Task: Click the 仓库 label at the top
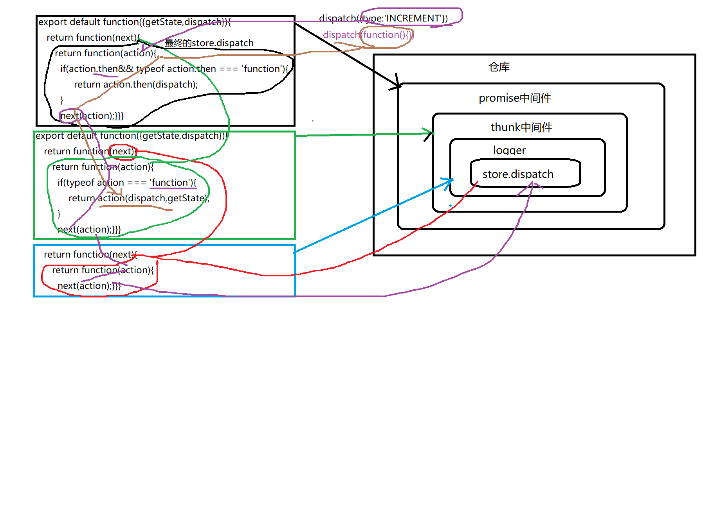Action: [x=499, y=67]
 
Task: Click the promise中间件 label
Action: [x=514, y=98]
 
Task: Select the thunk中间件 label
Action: [x=521, y=127]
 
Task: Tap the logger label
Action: [x=509, y=150]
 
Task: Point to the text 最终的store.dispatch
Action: [x=209, y=43]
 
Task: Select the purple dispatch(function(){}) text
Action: [x=368, y=35]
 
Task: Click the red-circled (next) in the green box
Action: [x=123, y=152]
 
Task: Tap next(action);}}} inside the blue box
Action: [x=89, y=286]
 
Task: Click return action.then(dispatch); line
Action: [x=135, y=84]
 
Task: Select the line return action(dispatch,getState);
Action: [x=139, y=198]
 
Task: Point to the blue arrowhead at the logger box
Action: [x=450, y=181]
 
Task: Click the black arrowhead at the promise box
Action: [x=398, y=86]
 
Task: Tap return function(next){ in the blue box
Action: [x=90, y=254]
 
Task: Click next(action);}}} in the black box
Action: [x=92, y=116]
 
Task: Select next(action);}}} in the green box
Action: [x=89, y=229]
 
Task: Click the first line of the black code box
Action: [x=134, y=22]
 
